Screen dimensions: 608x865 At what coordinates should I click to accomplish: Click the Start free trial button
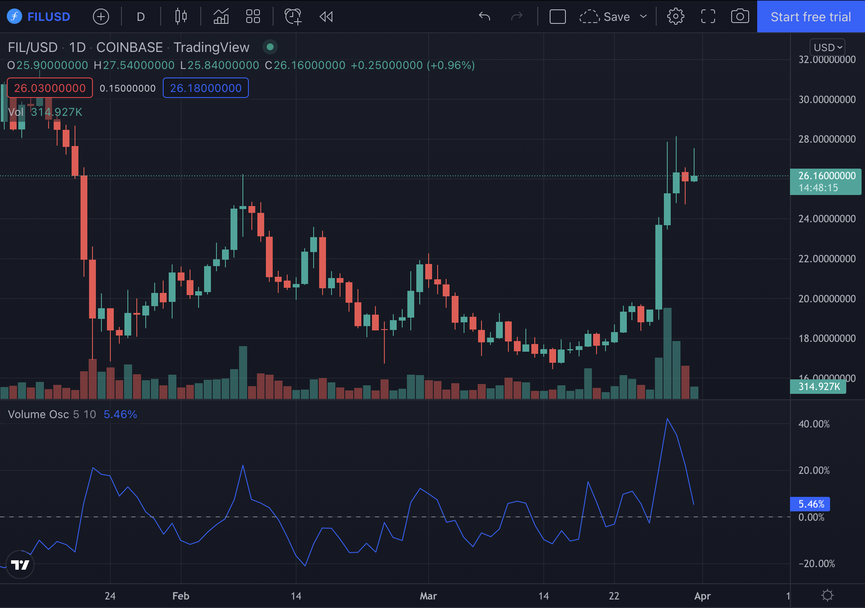point(810,17)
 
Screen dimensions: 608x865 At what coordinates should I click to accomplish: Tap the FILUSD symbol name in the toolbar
point(49,17)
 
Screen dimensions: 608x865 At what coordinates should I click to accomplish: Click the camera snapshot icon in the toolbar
point(740,17)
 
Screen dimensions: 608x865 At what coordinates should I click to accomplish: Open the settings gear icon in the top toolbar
point(675,17)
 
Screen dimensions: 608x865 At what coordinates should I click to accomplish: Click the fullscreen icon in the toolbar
point(708,17)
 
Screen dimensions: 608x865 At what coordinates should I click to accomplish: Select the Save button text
point(616,17)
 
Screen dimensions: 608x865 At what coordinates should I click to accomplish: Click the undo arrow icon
point(484,17)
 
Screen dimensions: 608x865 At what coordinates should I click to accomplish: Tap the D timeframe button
point(141,17)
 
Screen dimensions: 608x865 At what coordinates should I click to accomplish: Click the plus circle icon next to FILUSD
point(101,17)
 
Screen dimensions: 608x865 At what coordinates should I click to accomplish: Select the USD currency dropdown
point(827,47)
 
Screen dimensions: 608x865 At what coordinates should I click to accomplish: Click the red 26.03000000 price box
point(50,88)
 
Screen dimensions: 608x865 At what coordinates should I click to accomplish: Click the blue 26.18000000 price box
point(205,88)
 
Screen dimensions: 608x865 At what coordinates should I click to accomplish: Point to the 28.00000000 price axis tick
point(827,139)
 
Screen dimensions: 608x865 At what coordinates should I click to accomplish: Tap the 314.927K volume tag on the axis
point(819,387)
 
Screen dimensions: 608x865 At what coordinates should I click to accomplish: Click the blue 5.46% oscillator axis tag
point(810,504)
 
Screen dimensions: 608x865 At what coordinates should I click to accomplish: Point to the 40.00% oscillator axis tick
point(814,424)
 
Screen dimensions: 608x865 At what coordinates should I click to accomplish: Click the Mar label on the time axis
point(428,596)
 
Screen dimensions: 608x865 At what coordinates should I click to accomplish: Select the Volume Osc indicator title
point(38,414)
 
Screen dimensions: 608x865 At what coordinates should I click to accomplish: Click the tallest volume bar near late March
point(667,353)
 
